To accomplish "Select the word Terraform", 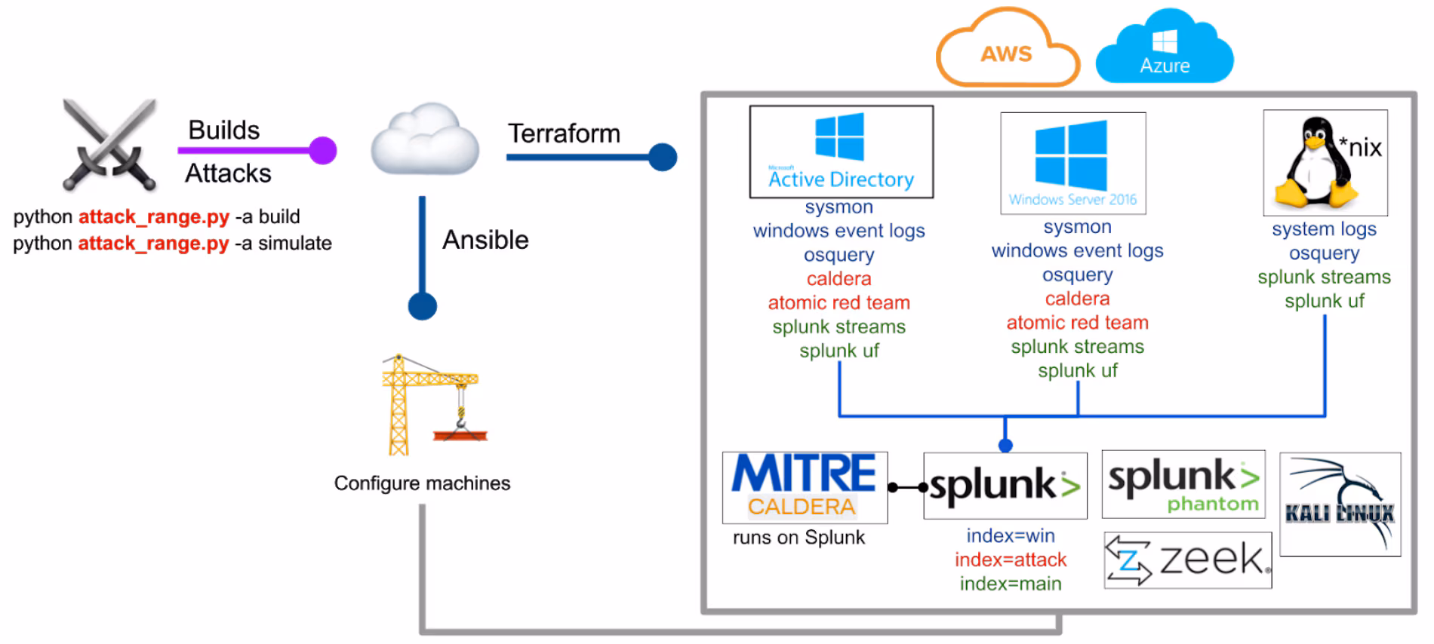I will (x=564, y=133).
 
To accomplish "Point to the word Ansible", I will (x=485, y=240).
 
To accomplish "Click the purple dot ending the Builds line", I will (x=323, y=150).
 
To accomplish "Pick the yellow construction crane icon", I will (x=430, y=404).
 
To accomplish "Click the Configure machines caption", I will (x=422, y=483).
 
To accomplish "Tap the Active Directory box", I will (x=841, y=152).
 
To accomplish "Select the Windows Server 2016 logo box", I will (x=1072, y=164).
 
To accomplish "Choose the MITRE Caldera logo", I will (x=805, y=487).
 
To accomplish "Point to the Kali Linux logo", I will (x=1340, y=504).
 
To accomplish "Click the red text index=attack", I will (x=1010, y=560).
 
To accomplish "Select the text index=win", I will (x=1010, y=535).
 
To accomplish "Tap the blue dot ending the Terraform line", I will (x=663, y=157).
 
